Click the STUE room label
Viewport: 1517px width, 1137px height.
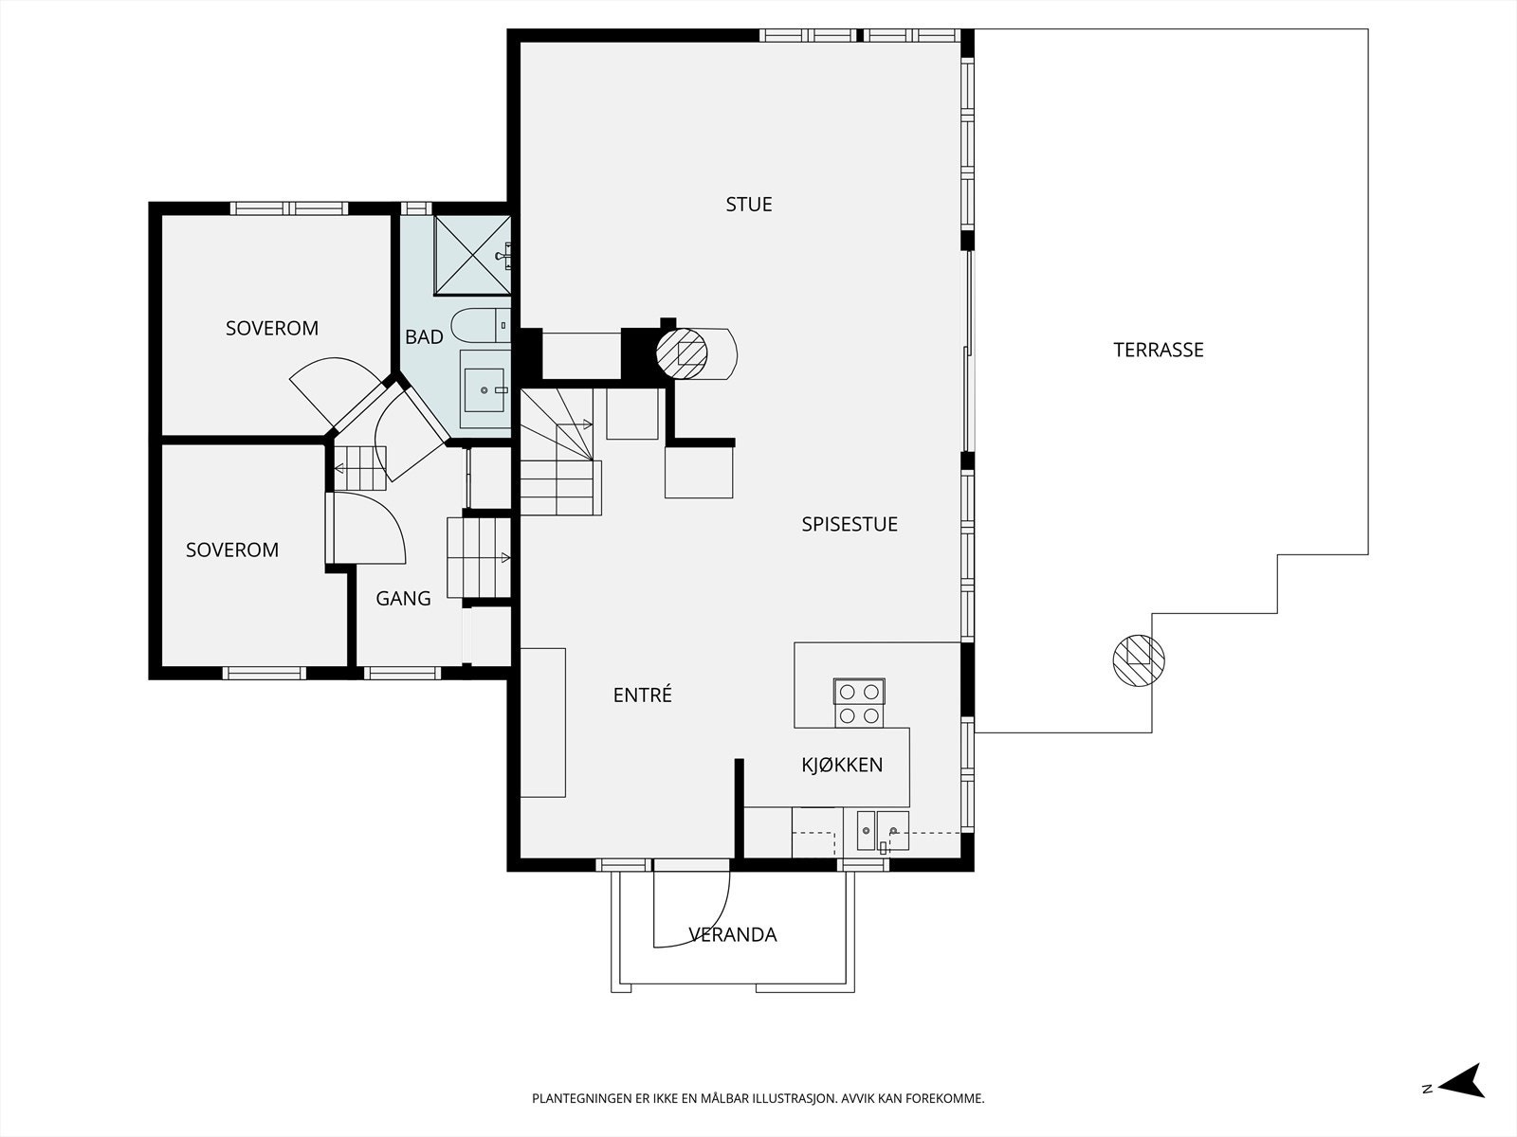pyautogui.click(x=748, y=205)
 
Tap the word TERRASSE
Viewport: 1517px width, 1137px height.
pyautogui.click(x=1159, y=350)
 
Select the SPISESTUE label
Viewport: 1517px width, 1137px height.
pyautogui.click(x=850, y=524)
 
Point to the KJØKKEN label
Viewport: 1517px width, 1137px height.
pyautogui.click(x=842, y=765)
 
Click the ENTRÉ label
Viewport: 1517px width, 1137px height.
pyautogui.click(x=642, y=695)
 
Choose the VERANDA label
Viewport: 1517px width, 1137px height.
pyautogui.click(x=733, y=935)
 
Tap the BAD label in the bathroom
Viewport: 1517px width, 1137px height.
pyautogui.click(x=424, y=337)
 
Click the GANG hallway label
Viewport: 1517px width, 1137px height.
pyautogui.click(x=403, y=598)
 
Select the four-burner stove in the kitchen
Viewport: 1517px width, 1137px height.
pyautogui.click(x=859, y=703)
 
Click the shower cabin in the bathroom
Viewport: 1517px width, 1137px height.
pyautogui.click(x=473, y=255)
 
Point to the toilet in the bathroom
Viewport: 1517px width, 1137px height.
pyautogui.click(x=481, y=325)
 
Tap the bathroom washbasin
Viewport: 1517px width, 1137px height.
pyautogui.click(x=484, y=390)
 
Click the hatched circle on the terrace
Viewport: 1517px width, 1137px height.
pyautogui.click(x=1139, y=660)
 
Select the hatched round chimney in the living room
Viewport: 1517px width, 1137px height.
pyautogui.click(x=682, y=353)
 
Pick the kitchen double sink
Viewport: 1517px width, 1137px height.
pyautogui.click(x=883, y=831)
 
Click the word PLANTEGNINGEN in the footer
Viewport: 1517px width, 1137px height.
pyautogui.click(x=580, y=1098)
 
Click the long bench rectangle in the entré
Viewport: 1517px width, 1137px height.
pyautogui.click(x=543, y=723)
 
